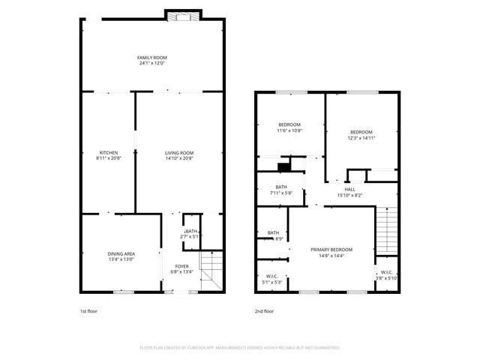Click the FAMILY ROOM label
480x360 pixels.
151,58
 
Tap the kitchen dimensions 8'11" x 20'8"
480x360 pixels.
108,158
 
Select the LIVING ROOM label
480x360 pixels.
179,153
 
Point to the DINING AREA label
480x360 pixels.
120,253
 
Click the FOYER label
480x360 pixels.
182,266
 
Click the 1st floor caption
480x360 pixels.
88,310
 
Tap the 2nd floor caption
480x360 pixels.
264,310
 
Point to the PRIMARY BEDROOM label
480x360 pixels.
331,249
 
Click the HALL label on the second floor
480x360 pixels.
349,189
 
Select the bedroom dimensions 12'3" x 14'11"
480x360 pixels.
361,138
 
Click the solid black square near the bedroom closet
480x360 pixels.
283,167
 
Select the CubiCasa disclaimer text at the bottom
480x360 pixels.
240,347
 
